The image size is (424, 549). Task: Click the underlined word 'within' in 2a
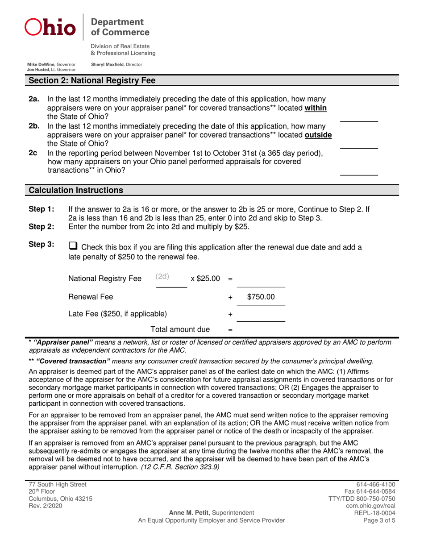315,108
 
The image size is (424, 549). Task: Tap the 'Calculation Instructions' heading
76,190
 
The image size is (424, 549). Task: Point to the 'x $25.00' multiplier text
205,279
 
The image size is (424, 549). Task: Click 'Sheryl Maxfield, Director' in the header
116,64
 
